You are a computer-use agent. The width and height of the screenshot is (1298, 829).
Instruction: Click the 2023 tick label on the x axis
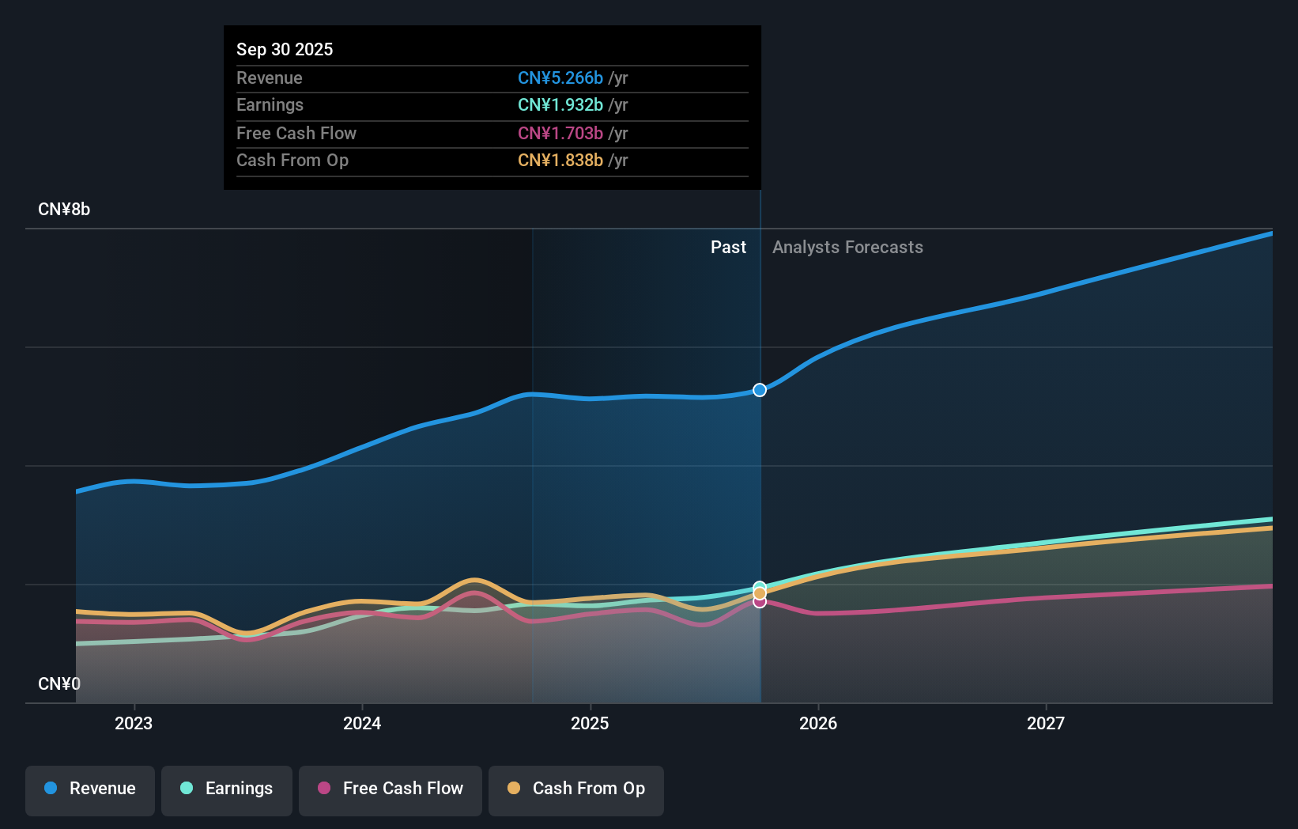pos(134,723)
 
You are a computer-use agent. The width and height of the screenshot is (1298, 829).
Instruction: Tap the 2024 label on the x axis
pos(362,723)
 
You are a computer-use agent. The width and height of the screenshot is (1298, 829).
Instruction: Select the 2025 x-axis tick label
pos(590,723)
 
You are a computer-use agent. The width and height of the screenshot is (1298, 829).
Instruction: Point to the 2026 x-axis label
pos(818,723)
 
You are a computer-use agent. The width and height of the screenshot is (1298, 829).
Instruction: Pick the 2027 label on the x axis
pos(1046,723)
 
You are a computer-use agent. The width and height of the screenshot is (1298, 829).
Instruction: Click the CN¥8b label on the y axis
pos(64,210)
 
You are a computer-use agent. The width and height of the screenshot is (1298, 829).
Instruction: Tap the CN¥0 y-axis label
pos(59,683)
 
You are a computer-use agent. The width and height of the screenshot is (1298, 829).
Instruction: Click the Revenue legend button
pos(90,789)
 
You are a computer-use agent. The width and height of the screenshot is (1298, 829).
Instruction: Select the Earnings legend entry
pos(227,789)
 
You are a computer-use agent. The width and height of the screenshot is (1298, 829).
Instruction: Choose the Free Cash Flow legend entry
pos(391,789)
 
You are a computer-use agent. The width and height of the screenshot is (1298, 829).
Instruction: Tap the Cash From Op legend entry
pos(576,789)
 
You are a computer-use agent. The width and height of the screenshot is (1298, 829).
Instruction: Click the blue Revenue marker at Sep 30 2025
pos(760,390)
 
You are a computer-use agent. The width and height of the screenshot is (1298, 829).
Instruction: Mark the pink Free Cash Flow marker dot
pos(760,602)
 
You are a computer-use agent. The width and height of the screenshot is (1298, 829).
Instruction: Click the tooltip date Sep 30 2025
pos(285,49)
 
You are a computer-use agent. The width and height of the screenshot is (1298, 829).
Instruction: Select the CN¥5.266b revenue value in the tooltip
pos(560,78)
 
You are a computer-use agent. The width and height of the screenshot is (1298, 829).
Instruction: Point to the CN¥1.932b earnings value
pos(560,105)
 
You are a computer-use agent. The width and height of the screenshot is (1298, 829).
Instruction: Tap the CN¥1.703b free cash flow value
pos(560,134)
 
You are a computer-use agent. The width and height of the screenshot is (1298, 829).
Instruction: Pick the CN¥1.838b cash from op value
pos(560,161)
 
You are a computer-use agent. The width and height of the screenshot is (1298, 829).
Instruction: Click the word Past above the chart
pos(728,248)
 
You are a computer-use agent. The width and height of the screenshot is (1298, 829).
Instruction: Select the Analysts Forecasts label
pos(847,248)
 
